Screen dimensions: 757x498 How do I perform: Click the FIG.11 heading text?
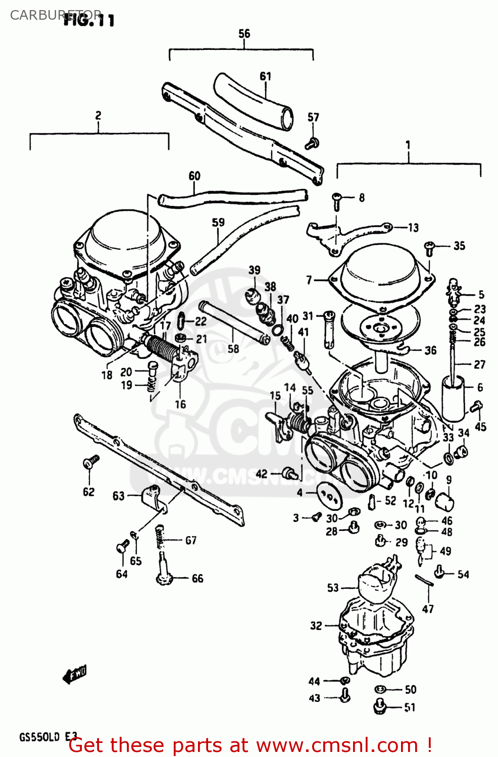pyautogui.click(x=89, y=20)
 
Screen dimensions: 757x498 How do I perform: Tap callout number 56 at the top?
pyautogui.click(x=244, y=33)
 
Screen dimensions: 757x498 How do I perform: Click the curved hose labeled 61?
pyautogui.click(x=253, y=100)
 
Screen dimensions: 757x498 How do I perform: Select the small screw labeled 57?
pyautogui.click(x=312, y=143)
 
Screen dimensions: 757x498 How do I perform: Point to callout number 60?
pyautogui.click(x=194, y=176)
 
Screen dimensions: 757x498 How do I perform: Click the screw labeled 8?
pyautogui.click(x=337, y=200)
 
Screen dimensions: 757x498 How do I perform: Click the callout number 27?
pyautogui.click(x=479, y=364)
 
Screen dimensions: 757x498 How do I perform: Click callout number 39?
pyautogui.click(x=254, y=270)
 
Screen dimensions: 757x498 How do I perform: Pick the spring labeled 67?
pyautogui.click(x=160, y=537)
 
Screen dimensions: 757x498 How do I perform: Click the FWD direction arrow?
pyautogui.click(x=74, y=674)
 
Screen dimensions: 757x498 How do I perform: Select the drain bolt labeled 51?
pyautogui.click(x=380, y=706)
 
